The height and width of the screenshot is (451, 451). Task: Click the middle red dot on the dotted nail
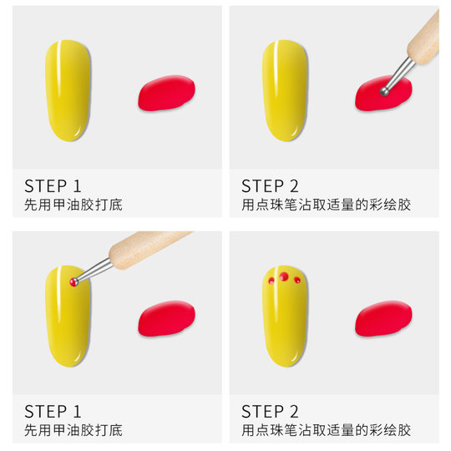[284, 276]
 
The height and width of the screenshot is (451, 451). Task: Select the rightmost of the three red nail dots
[297, 281]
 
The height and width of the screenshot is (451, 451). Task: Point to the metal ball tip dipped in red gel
[384, 90]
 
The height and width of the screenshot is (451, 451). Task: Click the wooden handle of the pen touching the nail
[150, 248]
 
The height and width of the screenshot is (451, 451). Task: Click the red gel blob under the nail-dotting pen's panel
[166, 318]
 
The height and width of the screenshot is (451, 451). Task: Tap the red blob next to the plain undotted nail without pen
[166, 94]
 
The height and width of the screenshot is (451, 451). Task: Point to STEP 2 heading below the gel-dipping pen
[270, 185]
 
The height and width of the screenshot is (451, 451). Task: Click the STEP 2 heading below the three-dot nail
[270, 411]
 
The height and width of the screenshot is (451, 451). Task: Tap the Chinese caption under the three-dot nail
[327, 430]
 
